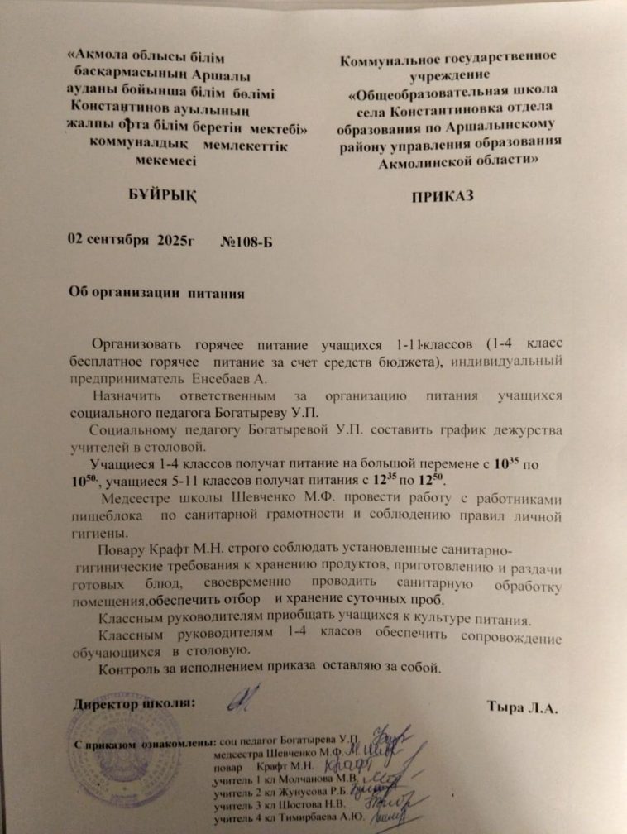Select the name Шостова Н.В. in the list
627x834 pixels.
click(x=313, y=805)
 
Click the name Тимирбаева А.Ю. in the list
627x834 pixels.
click(x=319, y=819)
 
